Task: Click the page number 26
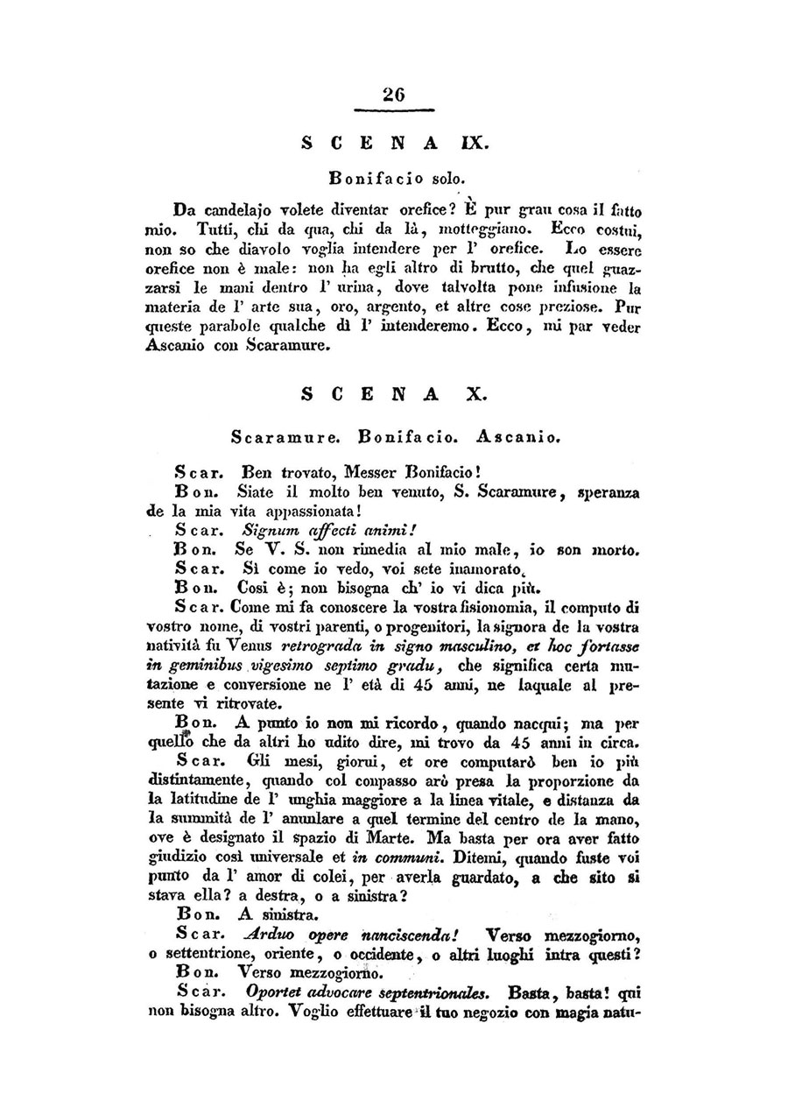point(394,96)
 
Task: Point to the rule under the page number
point(394,110)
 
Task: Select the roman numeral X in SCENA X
point(476,394)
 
